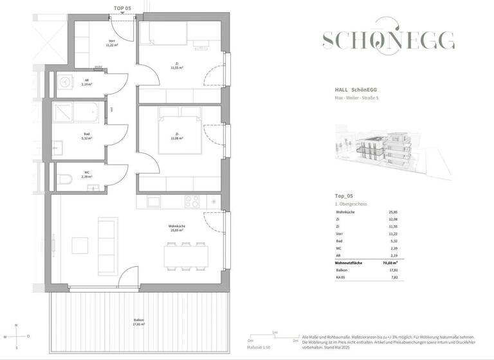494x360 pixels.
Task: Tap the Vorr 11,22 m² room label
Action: tap(111, 46)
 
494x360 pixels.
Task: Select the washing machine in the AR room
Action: tap(64, 82)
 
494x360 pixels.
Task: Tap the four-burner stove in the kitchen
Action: tap(193, 201)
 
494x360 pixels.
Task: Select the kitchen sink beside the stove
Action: tap(154, 202)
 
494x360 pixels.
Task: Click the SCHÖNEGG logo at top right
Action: tap(389, 40)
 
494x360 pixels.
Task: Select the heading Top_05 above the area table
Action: tap(345, 196)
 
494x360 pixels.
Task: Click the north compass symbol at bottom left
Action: tap(17, 336)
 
